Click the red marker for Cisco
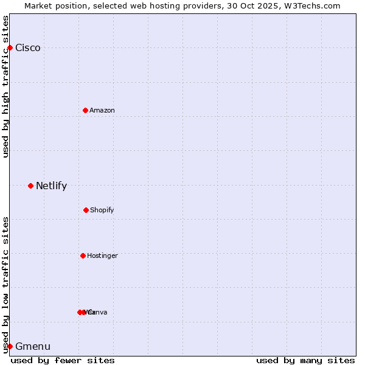coord(10,47)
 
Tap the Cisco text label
coord(28,48)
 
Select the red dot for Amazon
coord(85,110)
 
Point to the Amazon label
coord(102,110)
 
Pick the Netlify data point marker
coord(30,186)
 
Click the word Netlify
coord(51,186)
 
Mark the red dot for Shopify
coord(86,210)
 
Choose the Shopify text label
coord(102,210)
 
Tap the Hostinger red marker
coord(83,255)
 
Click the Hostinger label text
coord(102,255)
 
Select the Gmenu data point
coord(10,346)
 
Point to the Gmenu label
coord(33,347)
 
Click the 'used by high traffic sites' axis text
coord(5,86)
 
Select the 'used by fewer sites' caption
coord(63,360)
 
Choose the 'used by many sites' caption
coord(305,360)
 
